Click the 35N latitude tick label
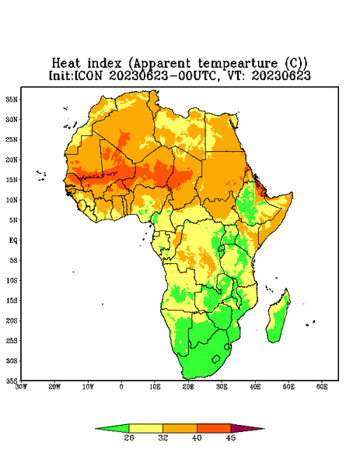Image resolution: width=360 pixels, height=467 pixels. point(12,100)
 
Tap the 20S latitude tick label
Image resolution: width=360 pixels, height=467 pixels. point(12,321)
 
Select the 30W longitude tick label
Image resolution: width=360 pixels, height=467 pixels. point(21,387)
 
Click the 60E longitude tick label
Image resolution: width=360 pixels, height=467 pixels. point(322,387)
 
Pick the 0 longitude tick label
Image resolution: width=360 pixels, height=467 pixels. point(121,387)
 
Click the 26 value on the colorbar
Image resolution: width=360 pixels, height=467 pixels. point(129,437)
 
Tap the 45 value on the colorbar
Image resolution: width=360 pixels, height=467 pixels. point(231,437)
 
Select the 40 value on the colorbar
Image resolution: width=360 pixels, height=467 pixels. point(197,437)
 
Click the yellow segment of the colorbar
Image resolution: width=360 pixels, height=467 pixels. point(145,428)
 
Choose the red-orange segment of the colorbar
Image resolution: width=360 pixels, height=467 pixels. point(214,428)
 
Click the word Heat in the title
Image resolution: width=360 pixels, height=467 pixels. point(66,64)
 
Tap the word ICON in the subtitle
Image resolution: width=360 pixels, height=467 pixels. point(89,75)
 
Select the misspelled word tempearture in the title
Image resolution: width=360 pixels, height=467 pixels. point(237,64)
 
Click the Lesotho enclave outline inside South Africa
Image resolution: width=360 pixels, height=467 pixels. point(216,359)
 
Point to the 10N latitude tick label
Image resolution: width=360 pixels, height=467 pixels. point(12,200)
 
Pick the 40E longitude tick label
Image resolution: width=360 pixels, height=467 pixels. point(255,387)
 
